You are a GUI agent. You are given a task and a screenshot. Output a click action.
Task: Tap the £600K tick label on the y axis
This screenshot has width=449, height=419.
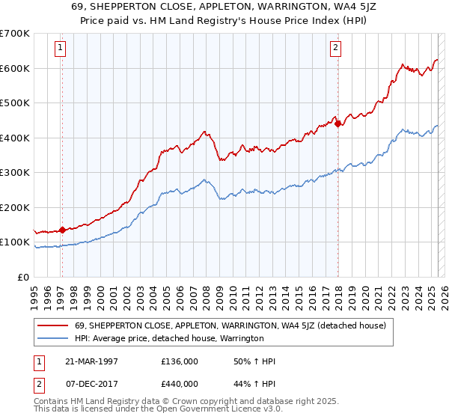coord(15,68)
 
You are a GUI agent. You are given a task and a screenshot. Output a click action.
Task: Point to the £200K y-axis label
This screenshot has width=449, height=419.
coord(15,207)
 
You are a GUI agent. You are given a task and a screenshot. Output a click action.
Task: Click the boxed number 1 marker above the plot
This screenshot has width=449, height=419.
coord(61,48)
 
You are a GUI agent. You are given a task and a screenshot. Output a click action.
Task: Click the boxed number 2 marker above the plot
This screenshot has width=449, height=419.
coord(336,48)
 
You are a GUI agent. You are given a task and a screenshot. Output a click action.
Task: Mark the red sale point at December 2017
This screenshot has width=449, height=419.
coord(337,123)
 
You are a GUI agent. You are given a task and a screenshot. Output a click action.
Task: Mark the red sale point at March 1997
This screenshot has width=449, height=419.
coord(62,230)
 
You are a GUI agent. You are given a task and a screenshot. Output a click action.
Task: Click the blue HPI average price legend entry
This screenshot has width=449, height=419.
coord(169,338)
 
